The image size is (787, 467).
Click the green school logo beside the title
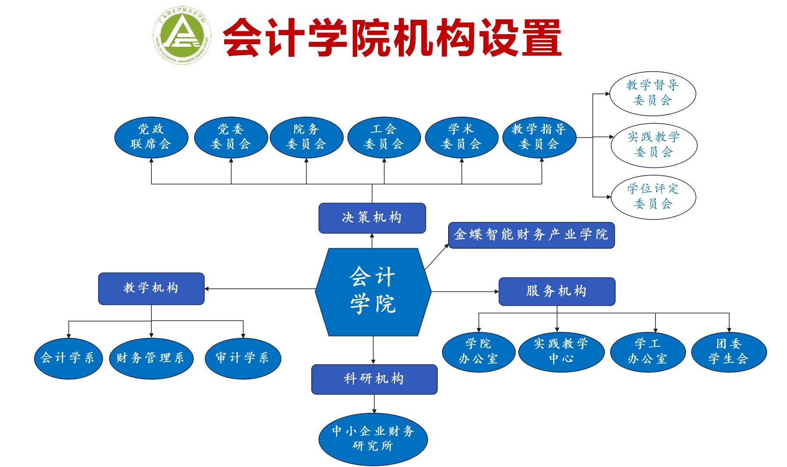pyautogui.click(x=182, y=35)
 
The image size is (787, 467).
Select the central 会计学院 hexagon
pyautogui.click(x=373, y=291)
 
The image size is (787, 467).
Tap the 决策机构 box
pyautogui.click(x=372, y=218)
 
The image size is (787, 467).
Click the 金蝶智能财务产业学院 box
pyautogui.click(x=531, y=235)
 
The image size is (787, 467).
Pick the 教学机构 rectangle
pyautogui.click(x=151, y=288)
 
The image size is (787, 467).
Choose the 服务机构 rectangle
pyautogui.click(x=557, y=291)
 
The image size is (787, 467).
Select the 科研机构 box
pyautogui.click(x=374, y=379)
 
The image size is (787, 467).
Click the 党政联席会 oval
pyautogui.click(x=151, y=137)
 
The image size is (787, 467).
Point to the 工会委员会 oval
pyautogui.click(x=384, y=137)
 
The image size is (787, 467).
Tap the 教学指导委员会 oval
pyautogui.click(x=539, y=137)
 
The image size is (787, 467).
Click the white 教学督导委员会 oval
pyautogui.click(x=652, y=93)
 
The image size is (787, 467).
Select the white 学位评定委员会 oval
pyautogui.click(x=653, y=197)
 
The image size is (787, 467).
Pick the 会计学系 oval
pyautogui.click(x=68, y=358)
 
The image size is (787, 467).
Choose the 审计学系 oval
pyautogui.click(x=243, y=358)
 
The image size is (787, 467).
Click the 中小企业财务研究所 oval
pyautogui.click(x=373, y=439)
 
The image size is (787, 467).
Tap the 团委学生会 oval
pyautogui.click(x=729, y=352)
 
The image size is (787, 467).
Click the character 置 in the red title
pyautogui.click(x=541, y=38)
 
